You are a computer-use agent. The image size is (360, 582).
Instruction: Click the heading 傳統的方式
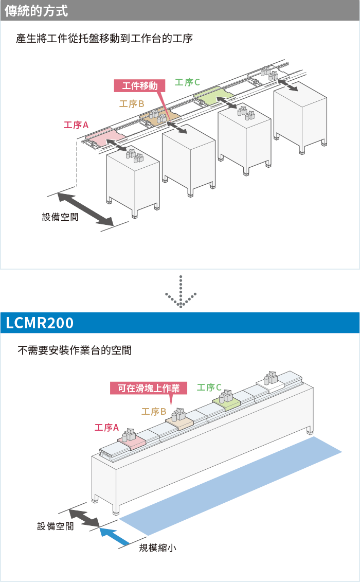click(x=36, y=10)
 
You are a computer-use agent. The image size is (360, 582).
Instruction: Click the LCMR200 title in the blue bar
click(x=40, y=323)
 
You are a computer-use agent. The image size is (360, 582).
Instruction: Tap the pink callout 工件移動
click(x=139, y=86)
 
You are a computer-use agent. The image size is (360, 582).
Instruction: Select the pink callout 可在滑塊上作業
click(x=149, y=388)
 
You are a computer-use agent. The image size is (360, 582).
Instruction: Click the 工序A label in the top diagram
click(x=76, y=125)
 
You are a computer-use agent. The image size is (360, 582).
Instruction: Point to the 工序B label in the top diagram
click(x=132, y=103)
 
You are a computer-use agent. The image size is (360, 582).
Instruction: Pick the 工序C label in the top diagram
click(x=187, y=82)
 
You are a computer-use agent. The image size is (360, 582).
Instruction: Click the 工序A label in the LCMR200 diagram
click(x=107, y=427)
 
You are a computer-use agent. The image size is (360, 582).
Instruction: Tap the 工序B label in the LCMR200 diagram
click(x=154, y=411)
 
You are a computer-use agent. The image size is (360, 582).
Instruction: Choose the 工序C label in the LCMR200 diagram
click(x=209, y=387)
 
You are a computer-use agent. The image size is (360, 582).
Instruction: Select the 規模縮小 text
click(x=157, y=548)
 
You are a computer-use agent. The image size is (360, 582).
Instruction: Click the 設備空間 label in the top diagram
click(x=60, y=217)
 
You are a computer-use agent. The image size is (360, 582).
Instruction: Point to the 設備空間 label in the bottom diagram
click(x=56, y=526)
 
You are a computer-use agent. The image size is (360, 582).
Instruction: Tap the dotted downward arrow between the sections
click(x=181, y=292)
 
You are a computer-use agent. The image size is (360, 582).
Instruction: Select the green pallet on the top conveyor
click(x=213, y=93)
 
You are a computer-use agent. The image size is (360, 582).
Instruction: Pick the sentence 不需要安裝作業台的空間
click(x=75, y=350)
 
